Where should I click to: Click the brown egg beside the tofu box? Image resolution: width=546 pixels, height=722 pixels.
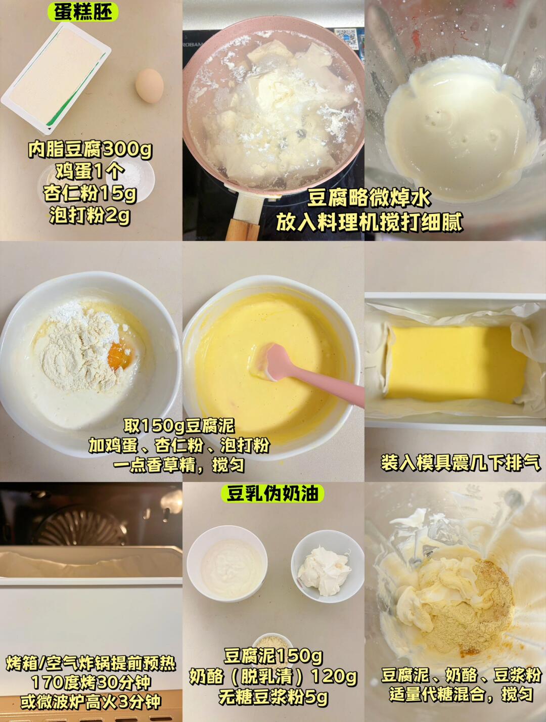[x=150, y=86]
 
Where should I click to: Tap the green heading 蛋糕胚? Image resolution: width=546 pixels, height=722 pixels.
[x=83, y=12]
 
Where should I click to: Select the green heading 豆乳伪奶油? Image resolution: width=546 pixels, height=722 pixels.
[x=272, y=494]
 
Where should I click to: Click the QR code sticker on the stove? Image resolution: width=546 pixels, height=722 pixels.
[x=346, y=38]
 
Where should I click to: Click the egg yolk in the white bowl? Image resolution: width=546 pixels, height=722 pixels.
[x=121, y=355]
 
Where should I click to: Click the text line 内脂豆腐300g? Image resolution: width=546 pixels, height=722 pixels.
[x=90, y=150]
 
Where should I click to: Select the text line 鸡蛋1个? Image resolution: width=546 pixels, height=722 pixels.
[x=90, y=172]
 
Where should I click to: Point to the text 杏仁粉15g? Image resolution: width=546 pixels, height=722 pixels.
[x=90, y=194]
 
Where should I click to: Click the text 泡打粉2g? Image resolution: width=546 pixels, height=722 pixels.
[x=90, y=215]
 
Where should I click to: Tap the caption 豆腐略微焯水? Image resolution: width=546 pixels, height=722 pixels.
[x=369, y=199]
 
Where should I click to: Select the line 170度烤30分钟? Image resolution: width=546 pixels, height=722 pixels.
[x=91, y=682]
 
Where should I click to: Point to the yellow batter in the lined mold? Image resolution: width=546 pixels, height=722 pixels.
[x=456, y=364]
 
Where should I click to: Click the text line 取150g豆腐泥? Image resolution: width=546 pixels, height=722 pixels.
[x=179, y=426]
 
